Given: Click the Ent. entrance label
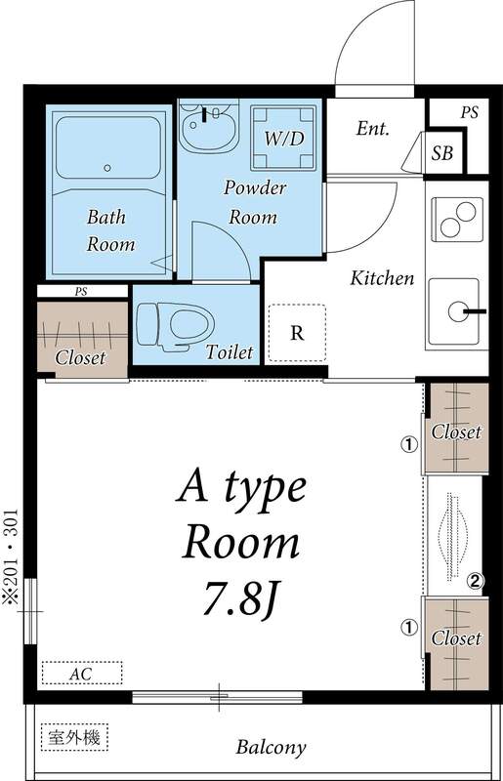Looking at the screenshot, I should [373, 128].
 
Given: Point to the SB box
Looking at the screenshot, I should [442, 152].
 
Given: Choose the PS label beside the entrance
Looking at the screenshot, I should [470, 113].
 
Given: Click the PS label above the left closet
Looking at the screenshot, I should [80, 291].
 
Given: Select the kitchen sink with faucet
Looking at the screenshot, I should [457, 311].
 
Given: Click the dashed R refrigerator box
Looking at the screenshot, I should [297, 333].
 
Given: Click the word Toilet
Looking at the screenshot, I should [230, 351].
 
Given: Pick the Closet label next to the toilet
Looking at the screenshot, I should [80, 358].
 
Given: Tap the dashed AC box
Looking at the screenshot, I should [81, 674].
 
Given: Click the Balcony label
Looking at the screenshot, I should [271, 749].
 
